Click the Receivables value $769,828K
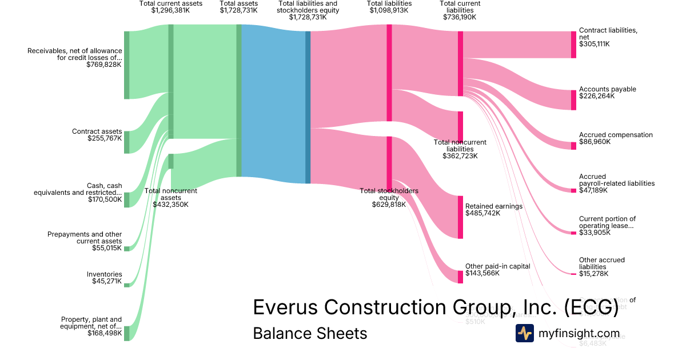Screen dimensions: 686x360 pos(104,65)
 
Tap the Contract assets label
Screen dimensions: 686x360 pos(97,131)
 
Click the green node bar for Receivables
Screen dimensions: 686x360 pos(126,65)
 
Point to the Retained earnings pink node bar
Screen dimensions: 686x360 pos(460,217)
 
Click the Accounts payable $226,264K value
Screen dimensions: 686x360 pos(597,97)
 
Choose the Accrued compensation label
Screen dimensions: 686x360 pos(616,135)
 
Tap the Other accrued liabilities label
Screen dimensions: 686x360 pos(602,263)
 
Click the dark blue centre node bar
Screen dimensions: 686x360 pos(308,107)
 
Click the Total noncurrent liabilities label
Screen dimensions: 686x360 pos(460,146)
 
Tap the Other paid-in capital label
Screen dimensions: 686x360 pos(497,266)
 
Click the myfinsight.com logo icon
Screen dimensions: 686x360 pos(524,333)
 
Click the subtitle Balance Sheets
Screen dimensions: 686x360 pos(310,333)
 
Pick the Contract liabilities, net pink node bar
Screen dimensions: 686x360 pos(573,45)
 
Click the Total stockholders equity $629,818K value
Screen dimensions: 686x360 pos(389,205)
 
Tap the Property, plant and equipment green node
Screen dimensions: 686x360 pos(126,333)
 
